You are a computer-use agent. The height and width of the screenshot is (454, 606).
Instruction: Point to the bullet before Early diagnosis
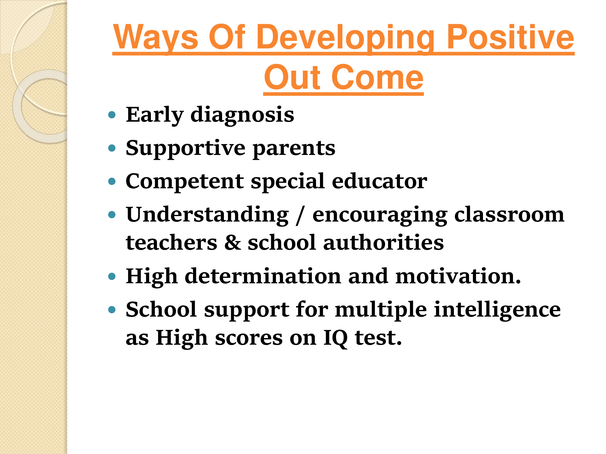coord(112,115)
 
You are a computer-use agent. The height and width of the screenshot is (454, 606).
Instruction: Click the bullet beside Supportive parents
coord(112,148)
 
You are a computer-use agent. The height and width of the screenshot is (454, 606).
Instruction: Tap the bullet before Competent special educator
coord(112,181)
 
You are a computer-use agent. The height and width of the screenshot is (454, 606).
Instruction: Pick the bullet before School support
coord(112,309)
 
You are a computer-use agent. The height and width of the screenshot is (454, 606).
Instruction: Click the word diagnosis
coord(242,115)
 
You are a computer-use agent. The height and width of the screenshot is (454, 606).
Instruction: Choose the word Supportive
coord(185,149)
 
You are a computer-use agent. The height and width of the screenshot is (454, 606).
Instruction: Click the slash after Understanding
coord(300,215)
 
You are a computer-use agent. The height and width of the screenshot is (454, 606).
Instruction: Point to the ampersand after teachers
coord(233,243)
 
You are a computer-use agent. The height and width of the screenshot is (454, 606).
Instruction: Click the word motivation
coord(458,276)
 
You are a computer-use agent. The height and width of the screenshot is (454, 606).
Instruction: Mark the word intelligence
coord(497,310)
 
